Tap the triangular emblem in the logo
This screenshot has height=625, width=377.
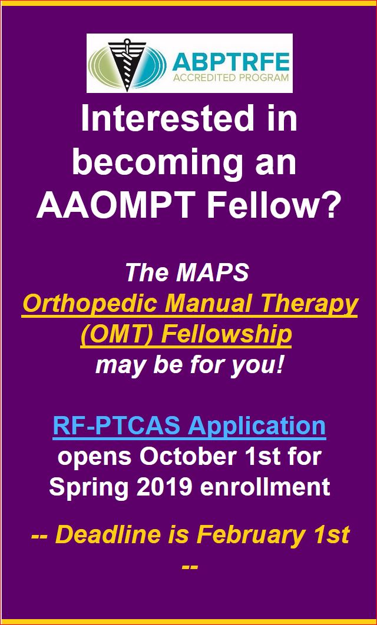pos(127,64)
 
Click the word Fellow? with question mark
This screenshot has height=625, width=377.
pos(273,206)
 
